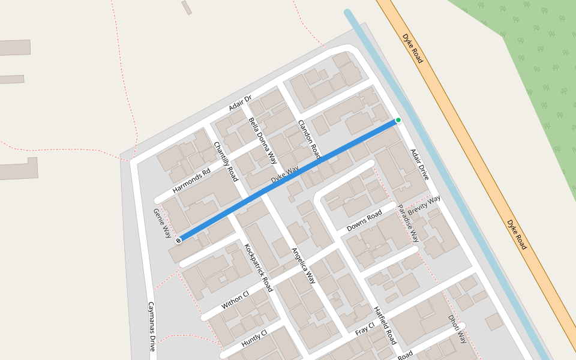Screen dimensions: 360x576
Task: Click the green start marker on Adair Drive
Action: coord(398,120)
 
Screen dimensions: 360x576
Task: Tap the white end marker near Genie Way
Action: coord(178,241)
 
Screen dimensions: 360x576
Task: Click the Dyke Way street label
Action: coord(284,175)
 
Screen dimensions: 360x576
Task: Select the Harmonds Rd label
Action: coord(191,181)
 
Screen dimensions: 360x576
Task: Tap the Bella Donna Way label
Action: coord(262,140)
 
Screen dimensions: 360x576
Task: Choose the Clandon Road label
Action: coord(310,140)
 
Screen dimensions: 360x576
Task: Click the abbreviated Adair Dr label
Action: coord(240,103)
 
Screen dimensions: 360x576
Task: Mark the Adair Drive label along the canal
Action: coord(420,164)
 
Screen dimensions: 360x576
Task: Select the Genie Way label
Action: coord(163,223)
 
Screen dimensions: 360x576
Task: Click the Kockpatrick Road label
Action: coord(259,268)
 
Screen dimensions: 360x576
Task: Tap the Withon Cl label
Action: coord(235,300)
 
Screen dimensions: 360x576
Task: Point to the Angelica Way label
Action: coord(304,265)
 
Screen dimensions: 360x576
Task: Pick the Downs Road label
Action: coord(364,221)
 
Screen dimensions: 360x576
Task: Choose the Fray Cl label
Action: coord(365,328)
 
